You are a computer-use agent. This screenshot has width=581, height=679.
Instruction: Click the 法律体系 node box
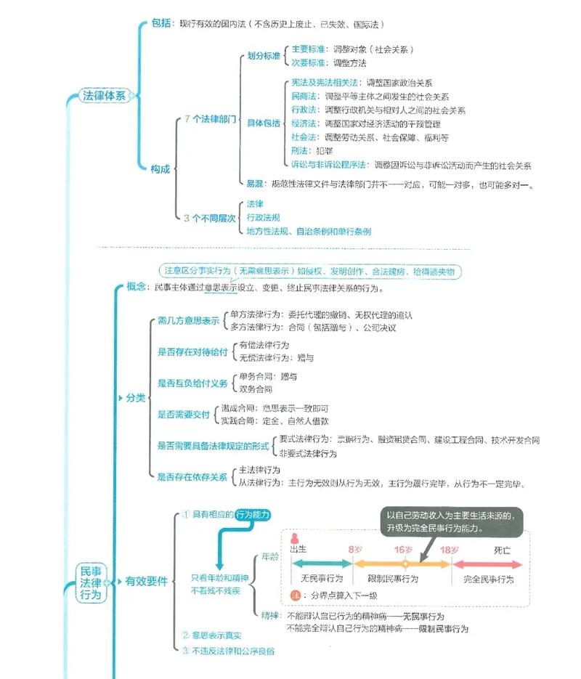104,96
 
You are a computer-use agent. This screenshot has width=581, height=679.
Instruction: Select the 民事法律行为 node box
92,582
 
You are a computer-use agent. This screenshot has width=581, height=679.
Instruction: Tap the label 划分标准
264,56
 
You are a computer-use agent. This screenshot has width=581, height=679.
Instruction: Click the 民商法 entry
303,97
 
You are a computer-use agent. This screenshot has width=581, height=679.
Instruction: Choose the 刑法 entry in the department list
298,151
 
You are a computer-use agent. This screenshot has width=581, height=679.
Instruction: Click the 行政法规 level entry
263,218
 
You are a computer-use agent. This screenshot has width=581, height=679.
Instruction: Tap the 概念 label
137,288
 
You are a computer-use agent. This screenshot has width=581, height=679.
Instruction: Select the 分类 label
136,398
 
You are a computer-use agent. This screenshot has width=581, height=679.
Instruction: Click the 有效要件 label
146,582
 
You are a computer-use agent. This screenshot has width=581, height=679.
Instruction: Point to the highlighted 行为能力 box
251,514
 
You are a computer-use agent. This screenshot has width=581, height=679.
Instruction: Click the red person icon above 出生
295,537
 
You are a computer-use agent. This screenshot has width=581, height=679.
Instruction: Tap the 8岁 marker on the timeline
354,549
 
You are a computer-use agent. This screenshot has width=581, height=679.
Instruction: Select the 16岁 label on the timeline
404,549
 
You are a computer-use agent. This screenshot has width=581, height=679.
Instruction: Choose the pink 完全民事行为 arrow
488,563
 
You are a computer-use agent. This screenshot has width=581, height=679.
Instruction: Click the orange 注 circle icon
295,595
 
